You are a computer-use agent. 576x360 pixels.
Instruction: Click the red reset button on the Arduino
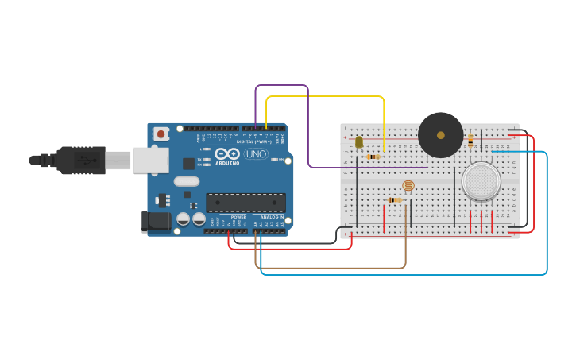point(161,134)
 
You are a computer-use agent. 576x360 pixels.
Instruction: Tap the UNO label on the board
point(256,154)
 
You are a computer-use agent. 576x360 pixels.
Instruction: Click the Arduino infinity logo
point(227,153)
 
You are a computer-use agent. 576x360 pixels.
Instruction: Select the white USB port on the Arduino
point(150,160)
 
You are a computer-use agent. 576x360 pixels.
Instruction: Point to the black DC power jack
point(156,221)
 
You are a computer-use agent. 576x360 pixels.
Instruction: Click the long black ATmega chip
point(245,203)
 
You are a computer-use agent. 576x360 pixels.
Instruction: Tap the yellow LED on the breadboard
point(359,142)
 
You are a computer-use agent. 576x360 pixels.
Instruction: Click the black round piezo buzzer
point(440,135)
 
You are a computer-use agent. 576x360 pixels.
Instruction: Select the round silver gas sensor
point(481,181)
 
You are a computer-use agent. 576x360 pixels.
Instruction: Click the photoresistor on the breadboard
point(408,186)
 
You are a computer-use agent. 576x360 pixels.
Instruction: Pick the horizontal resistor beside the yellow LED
point(372,157)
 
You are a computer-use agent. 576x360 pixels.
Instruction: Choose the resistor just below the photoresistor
point(394,200)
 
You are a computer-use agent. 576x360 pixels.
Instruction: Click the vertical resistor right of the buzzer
point(470,141)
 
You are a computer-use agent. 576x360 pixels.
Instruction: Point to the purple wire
point(282,85)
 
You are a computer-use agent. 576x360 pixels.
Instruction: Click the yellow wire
point(326,96)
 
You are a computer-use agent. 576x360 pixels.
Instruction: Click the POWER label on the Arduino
point(238,217)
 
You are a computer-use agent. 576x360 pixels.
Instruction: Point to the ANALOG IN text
point(270,217)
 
